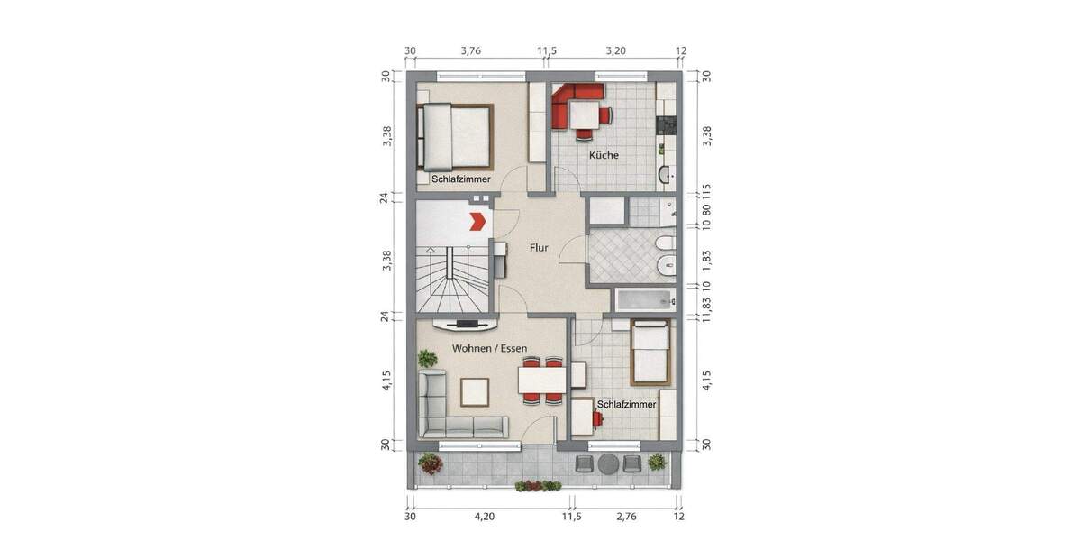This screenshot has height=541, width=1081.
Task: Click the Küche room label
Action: [604, 155]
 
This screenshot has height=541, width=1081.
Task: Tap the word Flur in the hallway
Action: [540, 246]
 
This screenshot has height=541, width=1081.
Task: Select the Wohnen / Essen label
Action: [489, 347]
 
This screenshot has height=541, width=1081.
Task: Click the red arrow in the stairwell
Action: [477, 219]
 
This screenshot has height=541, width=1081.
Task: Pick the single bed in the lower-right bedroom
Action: [650, 353]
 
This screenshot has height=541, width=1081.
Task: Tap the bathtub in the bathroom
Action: [644, 300]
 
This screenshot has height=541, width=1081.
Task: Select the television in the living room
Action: [465, 323]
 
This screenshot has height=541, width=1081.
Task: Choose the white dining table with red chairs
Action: [542, 381]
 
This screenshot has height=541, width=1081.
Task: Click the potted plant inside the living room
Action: [426, 359]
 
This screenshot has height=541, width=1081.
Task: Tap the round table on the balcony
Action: [609, 463]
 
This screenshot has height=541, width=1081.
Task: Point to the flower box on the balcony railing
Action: [538, 486]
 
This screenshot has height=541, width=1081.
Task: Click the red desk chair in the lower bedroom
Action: [596, 418]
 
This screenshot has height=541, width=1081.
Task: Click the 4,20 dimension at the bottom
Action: [485, 517]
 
